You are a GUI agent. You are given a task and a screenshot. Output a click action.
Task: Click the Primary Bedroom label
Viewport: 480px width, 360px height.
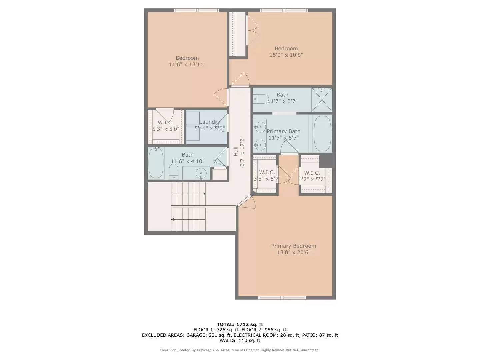pos(293,246)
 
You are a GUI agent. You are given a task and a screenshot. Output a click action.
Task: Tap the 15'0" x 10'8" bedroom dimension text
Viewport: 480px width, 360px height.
pos(286,55)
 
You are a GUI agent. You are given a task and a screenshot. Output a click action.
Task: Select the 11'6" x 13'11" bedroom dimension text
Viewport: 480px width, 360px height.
pos(187,64)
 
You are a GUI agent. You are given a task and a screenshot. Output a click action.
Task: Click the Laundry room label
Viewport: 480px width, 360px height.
pos(209,122)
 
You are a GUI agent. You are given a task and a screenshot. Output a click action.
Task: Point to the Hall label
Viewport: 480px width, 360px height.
pos(236,151)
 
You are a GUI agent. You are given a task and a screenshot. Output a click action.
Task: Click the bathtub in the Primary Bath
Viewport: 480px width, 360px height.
pos(322,133)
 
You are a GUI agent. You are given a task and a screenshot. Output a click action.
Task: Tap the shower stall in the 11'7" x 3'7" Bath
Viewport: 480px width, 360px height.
pos(322,100)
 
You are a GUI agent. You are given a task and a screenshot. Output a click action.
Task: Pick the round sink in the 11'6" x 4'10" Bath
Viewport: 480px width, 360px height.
pos(201,173)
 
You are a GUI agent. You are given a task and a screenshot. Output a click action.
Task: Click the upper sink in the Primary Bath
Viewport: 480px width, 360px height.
pos(260,126)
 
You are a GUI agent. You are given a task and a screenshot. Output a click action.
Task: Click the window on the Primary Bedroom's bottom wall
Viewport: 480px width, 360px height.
pos(282,298)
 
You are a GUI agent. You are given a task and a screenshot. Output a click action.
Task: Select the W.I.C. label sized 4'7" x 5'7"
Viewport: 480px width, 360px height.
pos(312,173)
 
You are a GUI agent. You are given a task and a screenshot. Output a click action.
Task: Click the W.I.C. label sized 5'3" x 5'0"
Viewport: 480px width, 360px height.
pos(165,123)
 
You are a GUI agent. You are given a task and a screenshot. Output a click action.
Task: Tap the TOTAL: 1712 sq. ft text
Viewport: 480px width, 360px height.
pos(240,324)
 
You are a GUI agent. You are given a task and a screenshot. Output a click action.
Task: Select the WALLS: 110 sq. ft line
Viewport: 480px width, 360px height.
pos(240,340)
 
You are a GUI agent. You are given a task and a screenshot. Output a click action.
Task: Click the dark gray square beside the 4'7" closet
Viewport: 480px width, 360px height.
pos(326,161)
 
